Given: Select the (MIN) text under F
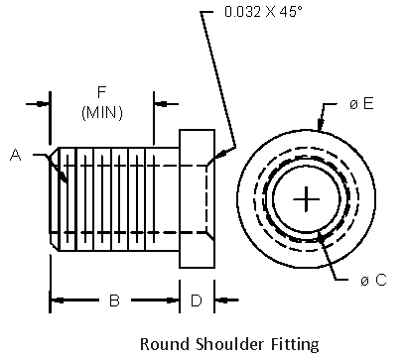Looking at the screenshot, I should (101, 113).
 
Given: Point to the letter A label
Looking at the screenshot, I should (16, 154).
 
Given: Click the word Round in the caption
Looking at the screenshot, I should (162, 345).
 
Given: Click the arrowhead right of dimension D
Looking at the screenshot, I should (220, 299).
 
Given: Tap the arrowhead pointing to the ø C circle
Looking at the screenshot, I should (321, 238).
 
